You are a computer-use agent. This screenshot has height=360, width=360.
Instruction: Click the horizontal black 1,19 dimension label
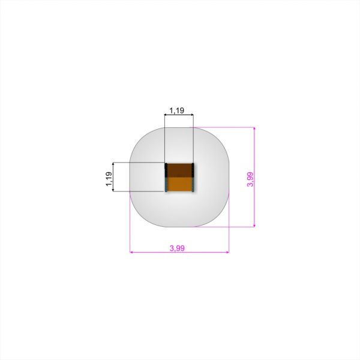tap(177, 110)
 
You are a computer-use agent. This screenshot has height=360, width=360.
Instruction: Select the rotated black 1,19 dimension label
tap(109, 179)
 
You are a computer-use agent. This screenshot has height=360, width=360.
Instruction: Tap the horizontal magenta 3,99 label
tap(177, 248)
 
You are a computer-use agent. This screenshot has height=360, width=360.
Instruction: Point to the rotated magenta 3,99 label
tap(250, 179)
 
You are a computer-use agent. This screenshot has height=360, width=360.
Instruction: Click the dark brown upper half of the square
tap(179, 170)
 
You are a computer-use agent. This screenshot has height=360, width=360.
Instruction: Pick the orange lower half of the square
tap(179, 184)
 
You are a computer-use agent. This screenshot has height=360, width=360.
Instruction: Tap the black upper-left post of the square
tap(166, 170)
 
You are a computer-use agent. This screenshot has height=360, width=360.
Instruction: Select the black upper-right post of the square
tap(193, 170)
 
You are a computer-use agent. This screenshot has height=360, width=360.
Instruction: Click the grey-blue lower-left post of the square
tap(166, 185)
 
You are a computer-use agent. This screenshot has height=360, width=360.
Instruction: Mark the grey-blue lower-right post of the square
tap(193, 185)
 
